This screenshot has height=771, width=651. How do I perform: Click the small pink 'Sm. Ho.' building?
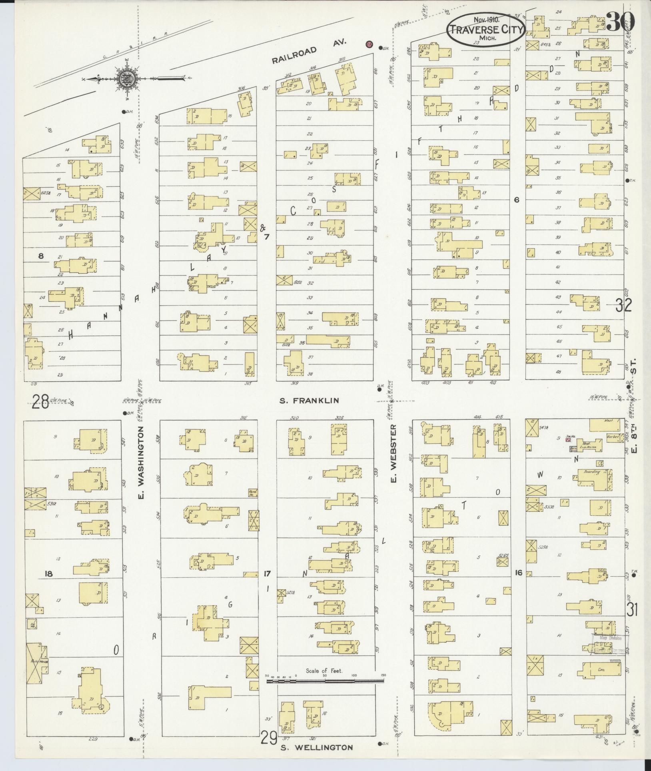[x=567, y=439]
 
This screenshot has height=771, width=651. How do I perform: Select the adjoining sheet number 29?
[x=269, y=737]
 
